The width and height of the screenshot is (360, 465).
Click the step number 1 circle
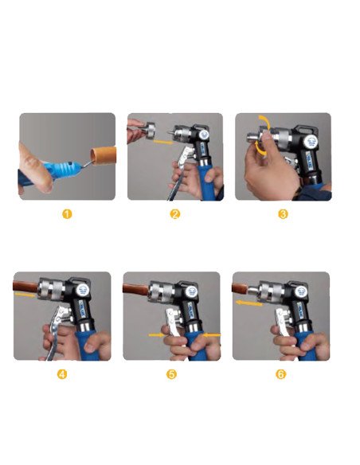point(68,214)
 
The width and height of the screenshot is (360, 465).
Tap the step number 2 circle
point(175,214)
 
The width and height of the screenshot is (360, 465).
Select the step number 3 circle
point(284,214)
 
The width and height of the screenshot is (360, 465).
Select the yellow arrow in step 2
point(164,142)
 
